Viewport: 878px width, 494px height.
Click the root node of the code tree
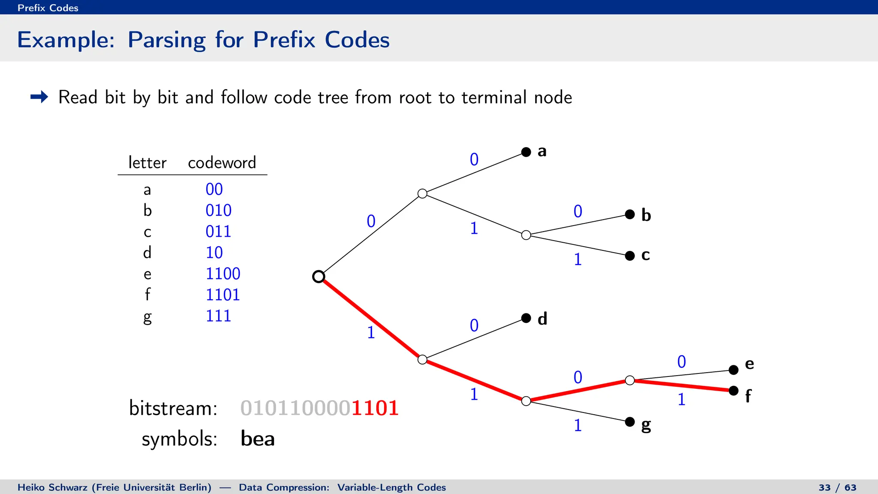click(319, 277)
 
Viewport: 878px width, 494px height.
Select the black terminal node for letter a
click(526, 152)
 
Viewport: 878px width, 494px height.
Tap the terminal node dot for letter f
click(734, 391)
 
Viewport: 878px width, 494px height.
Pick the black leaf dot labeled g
click(630, 422)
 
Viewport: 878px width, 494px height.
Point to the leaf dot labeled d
click(526, 318)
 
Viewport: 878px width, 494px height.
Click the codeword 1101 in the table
click(223, 295)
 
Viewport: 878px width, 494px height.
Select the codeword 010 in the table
click(218, 211)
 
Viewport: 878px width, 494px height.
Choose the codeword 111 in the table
click(218, 316)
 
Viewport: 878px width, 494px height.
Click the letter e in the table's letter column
click(147, 274)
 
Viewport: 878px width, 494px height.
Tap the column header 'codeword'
click(222, 163)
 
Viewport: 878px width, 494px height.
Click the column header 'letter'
click(147, 163)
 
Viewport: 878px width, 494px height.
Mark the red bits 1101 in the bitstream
click(375, 408)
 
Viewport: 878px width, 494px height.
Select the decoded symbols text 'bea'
click(257, 439)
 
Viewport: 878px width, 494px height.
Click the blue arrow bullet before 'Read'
click(39, 97)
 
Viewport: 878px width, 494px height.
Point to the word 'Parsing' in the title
click(166, 40)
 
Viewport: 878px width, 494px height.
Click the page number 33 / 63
click(837, 488)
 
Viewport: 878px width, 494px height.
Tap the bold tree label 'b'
click(646, 215)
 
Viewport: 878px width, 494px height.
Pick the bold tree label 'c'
click(646, 255)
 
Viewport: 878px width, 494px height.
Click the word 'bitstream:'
click(173, 408)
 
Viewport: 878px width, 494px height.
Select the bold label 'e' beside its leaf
click(749, 364)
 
